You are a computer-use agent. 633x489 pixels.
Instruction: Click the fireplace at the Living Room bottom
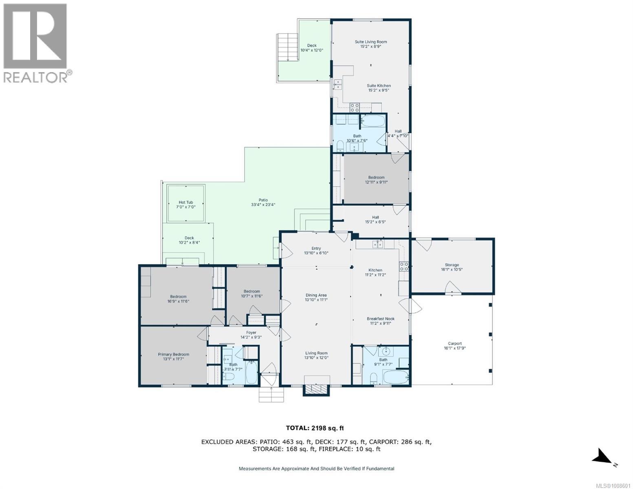tap(315, 389)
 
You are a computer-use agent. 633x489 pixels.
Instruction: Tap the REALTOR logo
tap(35, 43)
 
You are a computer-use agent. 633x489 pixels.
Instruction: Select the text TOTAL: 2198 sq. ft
tap(315, 428)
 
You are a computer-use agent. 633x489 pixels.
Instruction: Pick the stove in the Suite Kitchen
tap(355, 108)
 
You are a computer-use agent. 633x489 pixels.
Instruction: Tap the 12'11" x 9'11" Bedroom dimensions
tap(376, 183)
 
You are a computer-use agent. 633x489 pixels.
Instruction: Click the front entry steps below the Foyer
tap(271, 394)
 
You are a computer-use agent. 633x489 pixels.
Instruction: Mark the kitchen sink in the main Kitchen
tap(377, 244)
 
